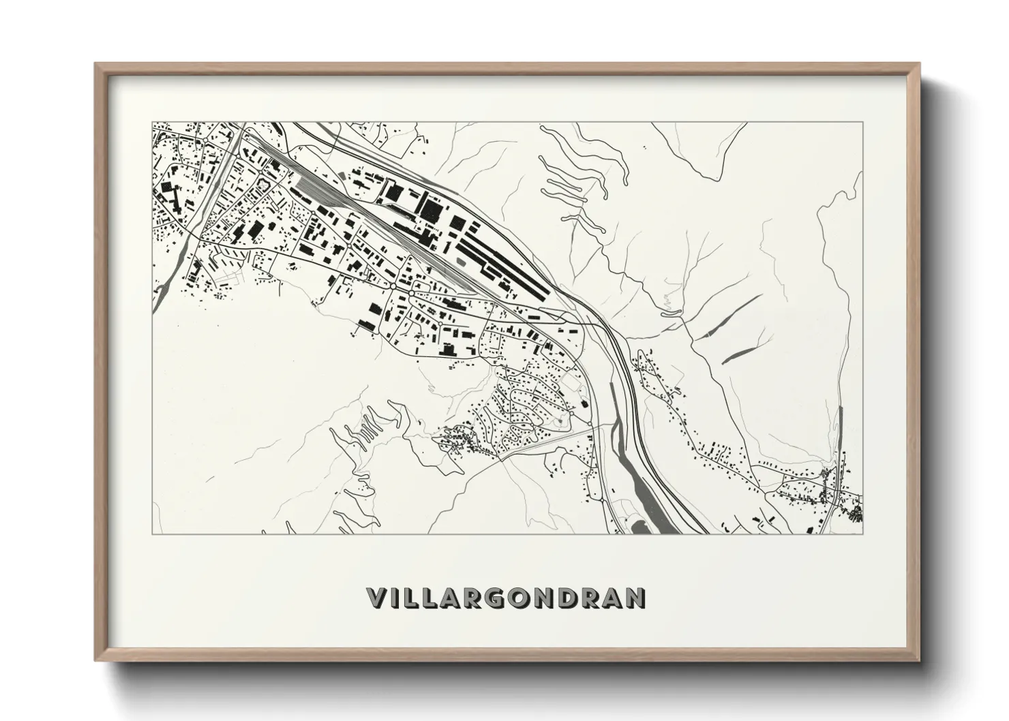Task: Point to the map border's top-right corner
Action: [x=863, y=123]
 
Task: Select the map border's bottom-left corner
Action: [x=151, y=534]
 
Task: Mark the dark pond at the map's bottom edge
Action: [x=642, y=527]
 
